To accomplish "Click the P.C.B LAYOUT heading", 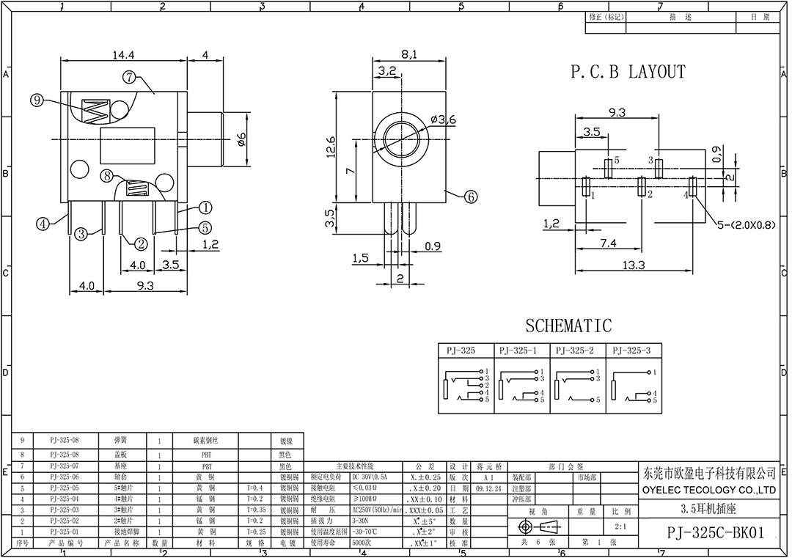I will point(628,72).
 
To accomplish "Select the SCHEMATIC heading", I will point(568,325).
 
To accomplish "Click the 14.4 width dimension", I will point(123,54).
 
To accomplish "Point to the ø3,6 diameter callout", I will point(444,120).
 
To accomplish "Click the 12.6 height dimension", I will point(331,146).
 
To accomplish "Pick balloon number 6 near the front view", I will point(470,196).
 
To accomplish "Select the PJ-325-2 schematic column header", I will point(576,350).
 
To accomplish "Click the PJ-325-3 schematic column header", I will point(631,350).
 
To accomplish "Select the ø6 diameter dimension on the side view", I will point(242,138).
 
